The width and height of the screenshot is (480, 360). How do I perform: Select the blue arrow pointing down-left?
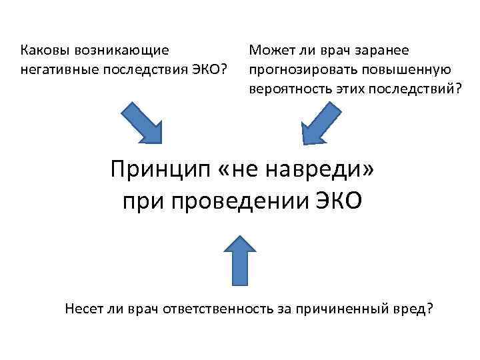point(321,123)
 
